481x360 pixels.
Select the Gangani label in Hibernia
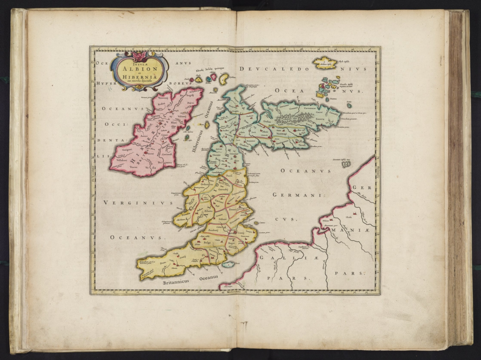(127, 150)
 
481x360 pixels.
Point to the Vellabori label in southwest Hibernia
(121, 160)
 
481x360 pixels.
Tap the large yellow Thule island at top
(326, 62)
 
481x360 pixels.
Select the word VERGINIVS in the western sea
(138, 203)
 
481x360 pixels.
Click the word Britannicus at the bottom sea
(176, 281)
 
